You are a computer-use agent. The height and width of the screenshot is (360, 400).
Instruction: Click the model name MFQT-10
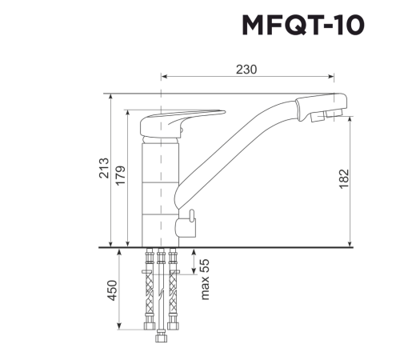tap(302, 26)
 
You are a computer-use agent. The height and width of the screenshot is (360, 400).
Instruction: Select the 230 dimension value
tap(246, 69)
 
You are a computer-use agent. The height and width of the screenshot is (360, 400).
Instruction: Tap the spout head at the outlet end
tap(324, 108)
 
